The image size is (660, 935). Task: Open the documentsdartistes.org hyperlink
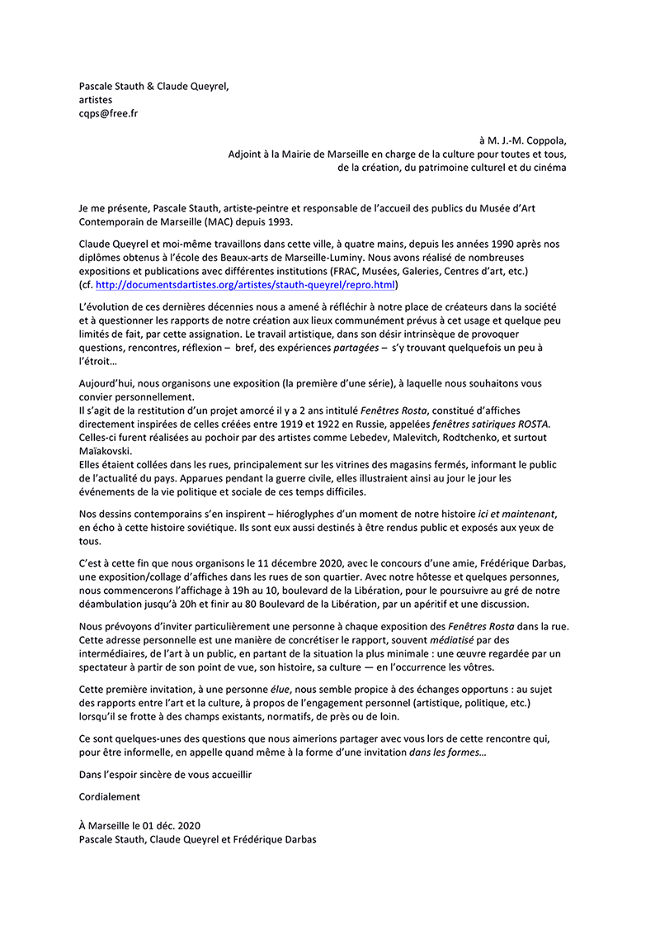tap(245, 284)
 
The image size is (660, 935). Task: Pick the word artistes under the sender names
tap(96, 100)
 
